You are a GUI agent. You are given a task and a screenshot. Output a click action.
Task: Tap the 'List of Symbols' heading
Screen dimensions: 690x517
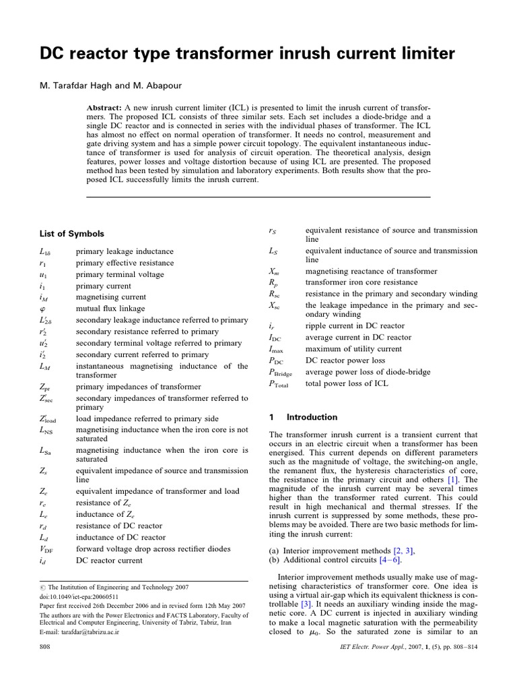(x=72, y=234)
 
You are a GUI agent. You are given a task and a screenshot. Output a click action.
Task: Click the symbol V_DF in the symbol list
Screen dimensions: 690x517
(x=46, y=548)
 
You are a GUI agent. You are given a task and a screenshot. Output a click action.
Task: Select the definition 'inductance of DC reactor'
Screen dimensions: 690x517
(x=120, y=537)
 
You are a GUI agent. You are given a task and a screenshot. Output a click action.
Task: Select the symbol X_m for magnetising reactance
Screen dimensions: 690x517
(x=274, y=271)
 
